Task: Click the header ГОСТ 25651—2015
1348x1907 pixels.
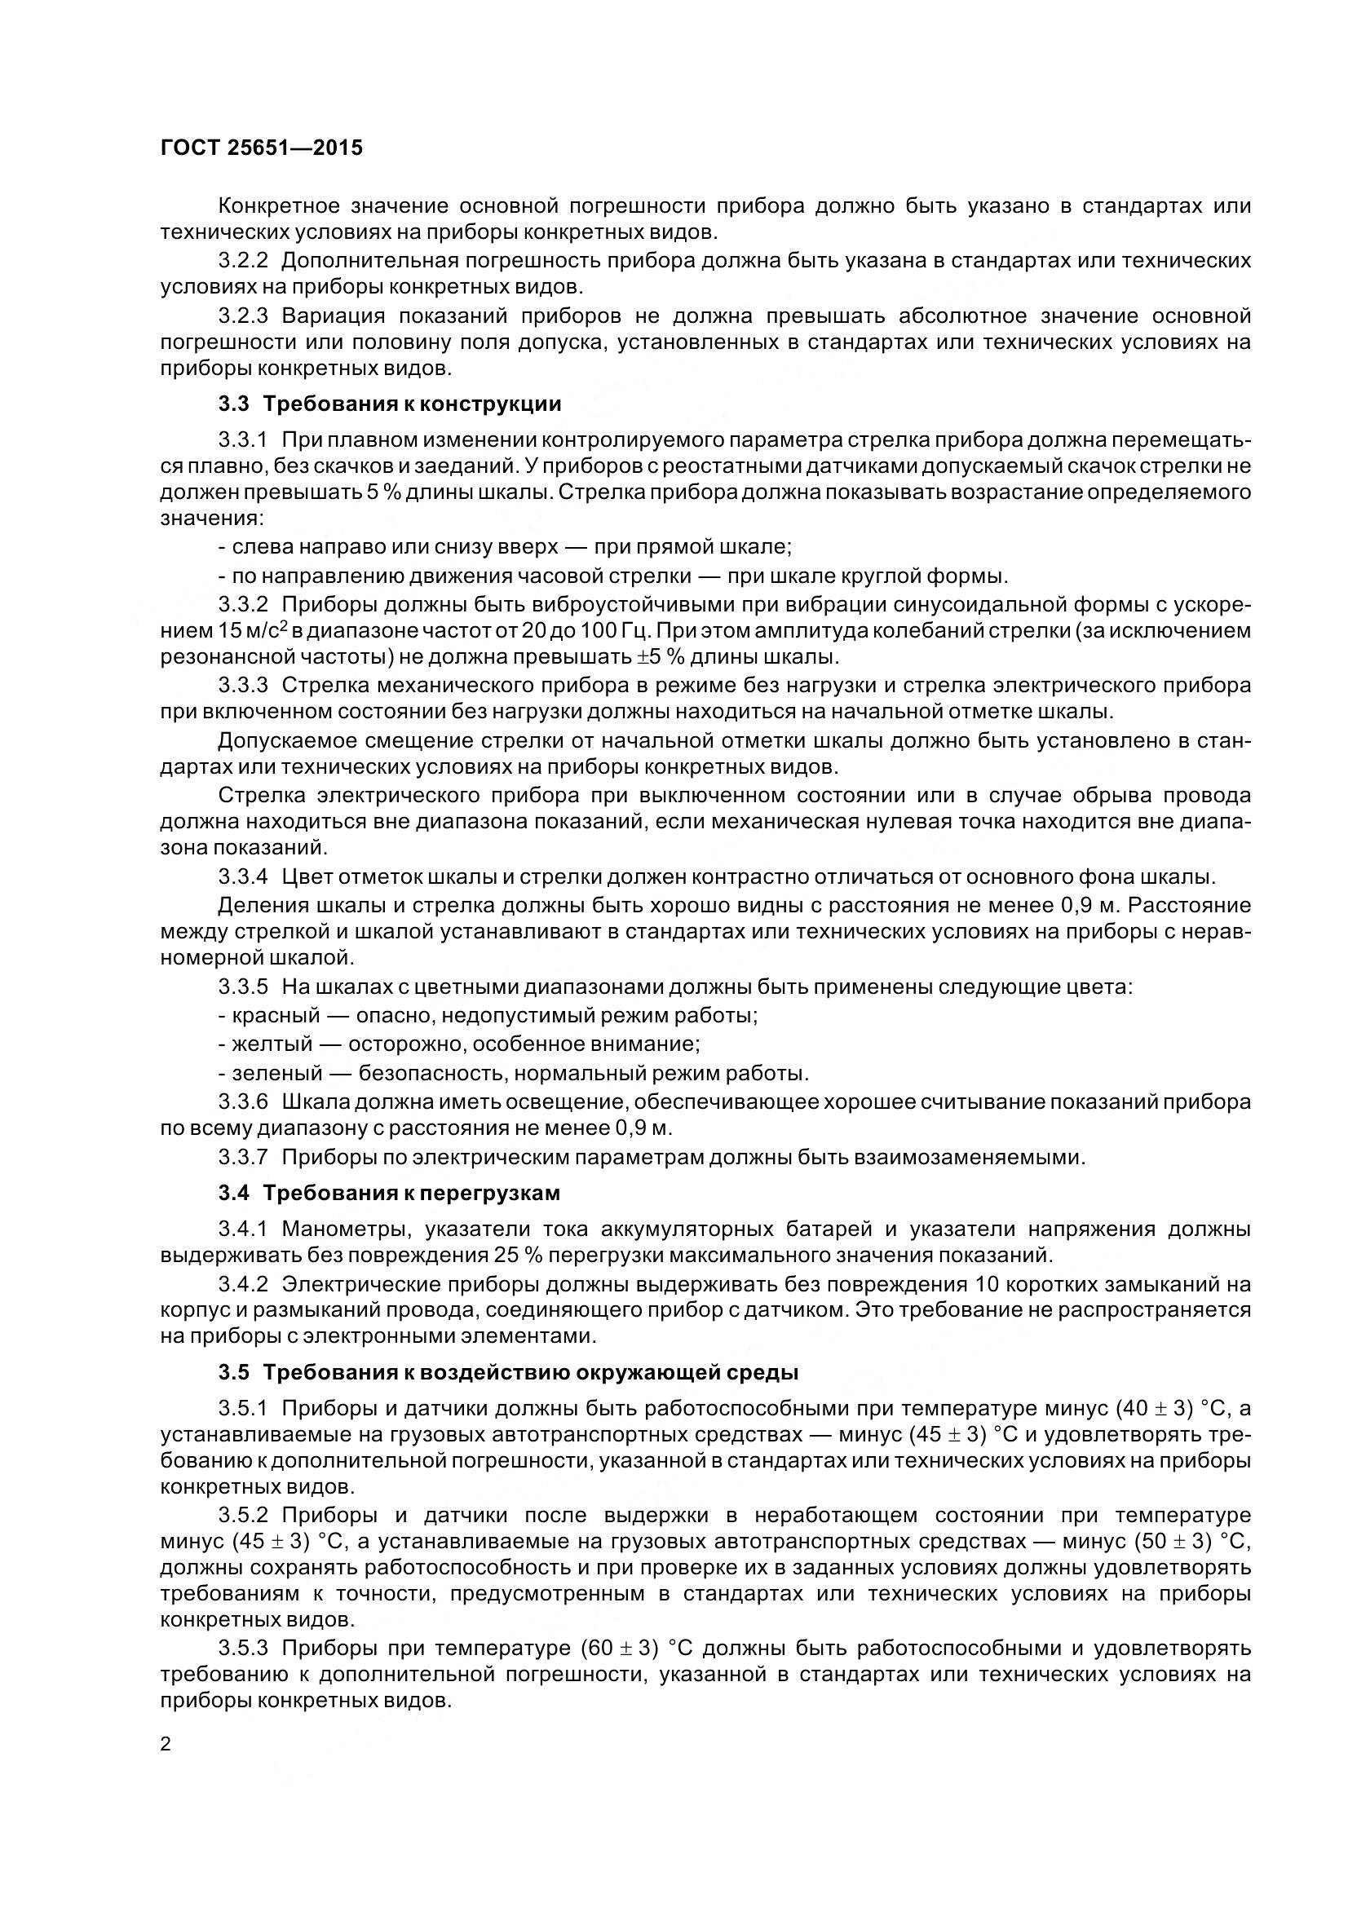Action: pos(262,148)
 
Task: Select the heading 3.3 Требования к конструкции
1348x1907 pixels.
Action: pos(390,404)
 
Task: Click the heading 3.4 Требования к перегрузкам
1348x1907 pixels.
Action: pos(389,1194)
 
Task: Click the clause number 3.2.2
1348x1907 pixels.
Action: pos(243,262)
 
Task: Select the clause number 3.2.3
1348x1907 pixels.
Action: pos(243,316)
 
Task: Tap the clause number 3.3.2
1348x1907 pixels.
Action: pos(243,604)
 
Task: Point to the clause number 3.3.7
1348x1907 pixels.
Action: pos(243,1157)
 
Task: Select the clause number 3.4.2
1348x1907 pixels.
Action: pos(243,1285)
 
